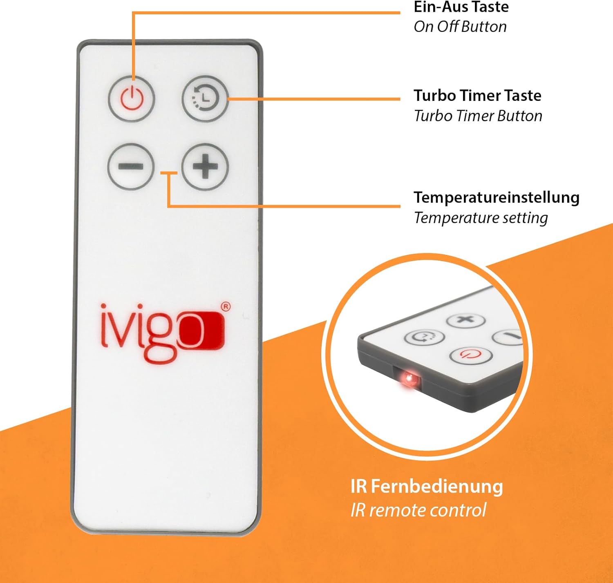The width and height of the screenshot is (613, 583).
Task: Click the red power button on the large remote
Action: coord(132,98)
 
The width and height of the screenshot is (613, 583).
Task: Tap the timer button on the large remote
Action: coord(205,98)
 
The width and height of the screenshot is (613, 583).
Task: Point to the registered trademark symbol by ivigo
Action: coord(226,307)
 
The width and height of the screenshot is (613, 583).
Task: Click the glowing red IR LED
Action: coord(409,379)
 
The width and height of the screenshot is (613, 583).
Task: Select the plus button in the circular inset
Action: coord(466,320)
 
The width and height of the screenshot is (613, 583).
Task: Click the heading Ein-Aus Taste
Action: coord(461,7)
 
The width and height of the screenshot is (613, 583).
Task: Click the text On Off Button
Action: coord(460,27)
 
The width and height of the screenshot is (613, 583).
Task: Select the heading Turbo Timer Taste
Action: coord(477,96)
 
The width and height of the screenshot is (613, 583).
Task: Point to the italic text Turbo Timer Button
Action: coord(478,116)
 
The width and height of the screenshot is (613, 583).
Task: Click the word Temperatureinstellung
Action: coord(497,198)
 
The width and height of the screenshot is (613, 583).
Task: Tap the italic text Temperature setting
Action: coord(481,218)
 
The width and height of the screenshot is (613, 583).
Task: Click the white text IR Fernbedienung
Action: coord(427,487)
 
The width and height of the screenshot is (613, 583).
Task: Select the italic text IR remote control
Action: coord(418,510)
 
